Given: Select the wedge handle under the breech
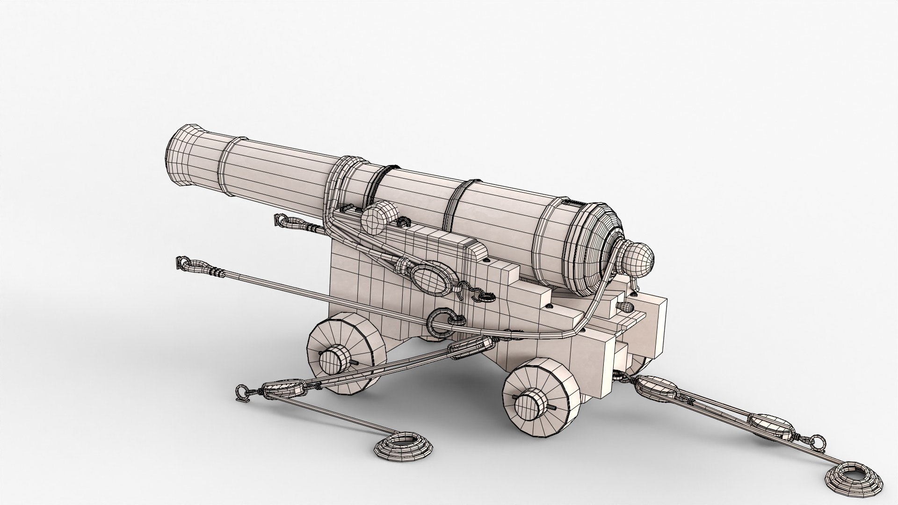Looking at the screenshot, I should tap(626, 306).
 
